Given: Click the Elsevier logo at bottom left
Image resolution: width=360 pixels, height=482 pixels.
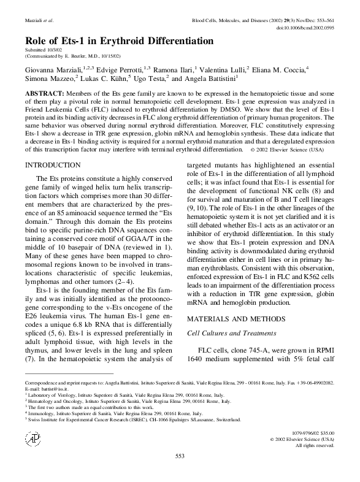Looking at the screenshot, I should (x=30, y=438).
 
